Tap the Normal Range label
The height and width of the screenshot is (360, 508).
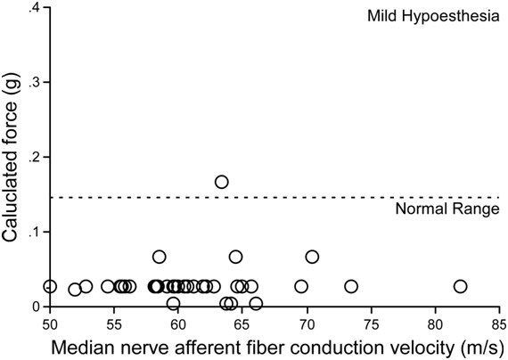click(447, 210)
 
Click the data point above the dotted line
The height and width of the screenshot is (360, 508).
click(222, 182)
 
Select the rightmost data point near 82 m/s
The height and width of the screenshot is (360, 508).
click(460, 286)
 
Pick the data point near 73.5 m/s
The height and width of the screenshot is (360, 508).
click(351, 286)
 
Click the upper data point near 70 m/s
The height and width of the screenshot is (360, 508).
click(312, 257)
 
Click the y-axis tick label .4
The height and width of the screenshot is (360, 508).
click(35, 8)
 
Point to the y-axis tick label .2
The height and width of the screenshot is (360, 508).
click(35, 158)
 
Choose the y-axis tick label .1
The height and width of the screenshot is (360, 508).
click(35, 232)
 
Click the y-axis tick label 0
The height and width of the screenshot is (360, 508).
click(37, 307)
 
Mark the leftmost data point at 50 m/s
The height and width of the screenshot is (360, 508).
click(50, 286)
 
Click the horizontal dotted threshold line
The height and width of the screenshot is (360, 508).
click(267, 197)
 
